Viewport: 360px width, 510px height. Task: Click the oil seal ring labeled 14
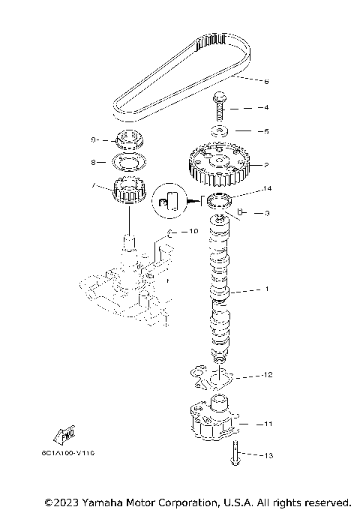point(218,199)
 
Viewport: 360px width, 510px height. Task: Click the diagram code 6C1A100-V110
point(63,454)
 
